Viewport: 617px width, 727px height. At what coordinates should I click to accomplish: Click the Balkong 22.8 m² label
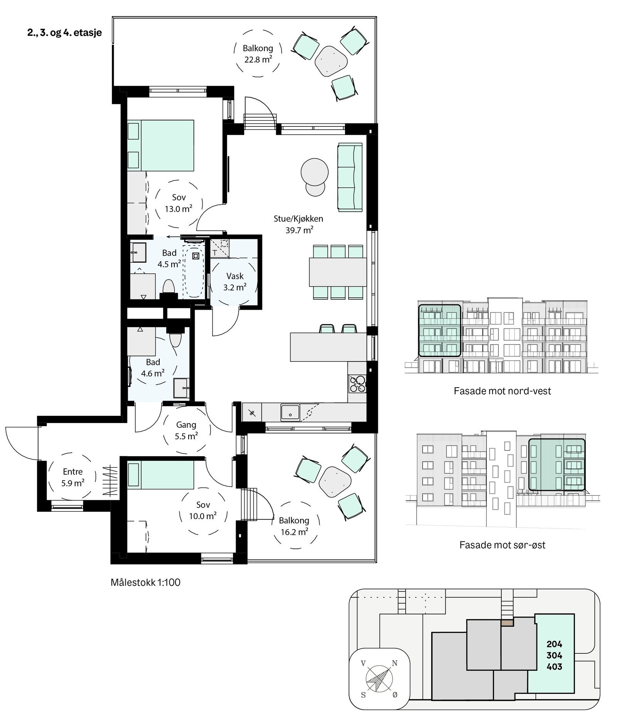(258, 54)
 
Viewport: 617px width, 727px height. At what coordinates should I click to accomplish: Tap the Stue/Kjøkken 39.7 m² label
(298, 224)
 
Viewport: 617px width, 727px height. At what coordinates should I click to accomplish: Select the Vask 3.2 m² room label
(235, 281)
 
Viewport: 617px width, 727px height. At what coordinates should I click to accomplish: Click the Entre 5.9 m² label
(72, 477)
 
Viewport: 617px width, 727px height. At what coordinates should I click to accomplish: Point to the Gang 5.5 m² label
(186, 430)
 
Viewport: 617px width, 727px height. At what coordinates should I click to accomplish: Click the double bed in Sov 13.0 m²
(167, 145)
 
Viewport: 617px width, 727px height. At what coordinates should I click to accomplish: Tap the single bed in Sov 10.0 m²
(160, 475)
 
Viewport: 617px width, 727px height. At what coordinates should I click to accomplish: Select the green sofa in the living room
(350, 177)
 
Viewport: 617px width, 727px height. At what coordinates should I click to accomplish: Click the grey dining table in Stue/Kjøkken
(337, 272)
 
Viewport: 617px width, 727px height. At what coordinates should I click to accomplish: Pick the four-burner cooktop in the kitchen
(357, 383)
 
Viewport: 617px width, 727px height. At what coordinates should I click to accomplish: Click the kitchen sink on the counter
(290, 412)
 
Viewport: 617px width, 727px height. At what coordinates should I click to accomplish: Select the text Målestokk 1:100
(145, 582)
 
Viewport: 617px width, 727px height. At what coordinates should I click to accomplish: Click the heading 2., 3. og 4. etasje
(64, 32)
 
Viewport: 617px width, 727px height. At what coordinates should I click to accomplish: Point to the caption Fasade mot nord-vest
(502, 391)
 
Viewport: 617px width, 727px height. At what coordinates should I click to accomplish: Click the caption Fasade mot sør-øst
(502, 545)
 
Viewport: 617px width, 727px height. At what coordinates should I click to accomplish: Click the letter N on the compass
(394, 663)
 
